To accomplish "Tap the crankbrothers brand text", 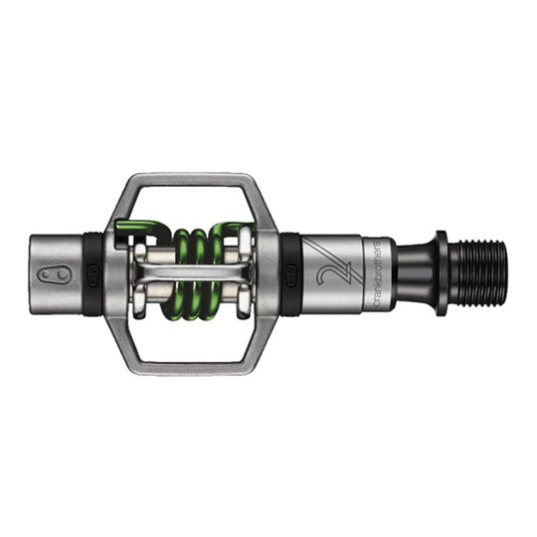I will [371, 272].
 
